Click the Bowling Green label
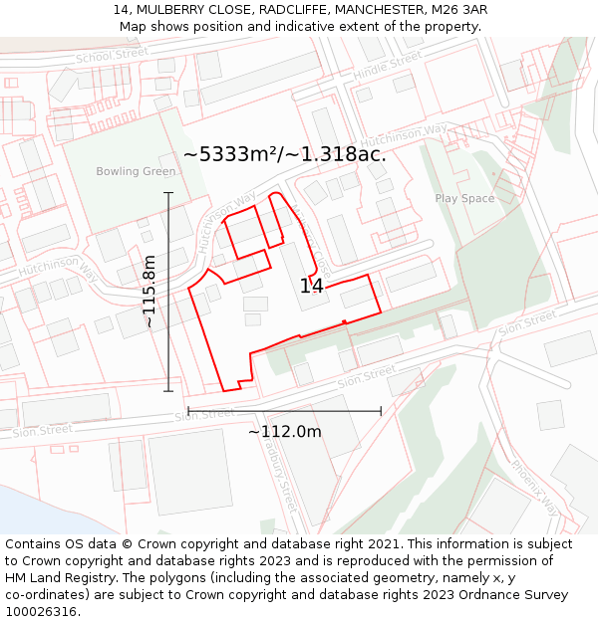[x=136, y=171]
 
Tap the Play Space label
[x=464, y=198]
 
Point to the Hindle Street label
[x=388, y=66]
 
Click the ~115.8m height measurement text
[x=149, y=292]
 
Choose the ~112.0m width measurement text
[x=285, y=431]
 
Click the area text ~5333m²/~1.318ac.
[x=285, y=154]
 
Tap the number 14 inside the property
[x=312, y=287]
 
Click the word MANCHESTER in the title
[x=375, y=10]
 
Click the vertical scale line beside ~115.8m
[x=168, y=292]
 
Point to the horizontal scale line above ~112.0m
[x=285, y=410]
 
